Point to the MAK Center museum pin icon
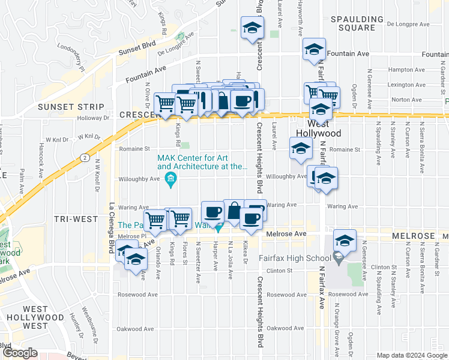(x=171, y=181)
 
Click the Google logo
(x=20, y=353)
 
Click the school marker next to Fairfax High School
(x=345, y=241)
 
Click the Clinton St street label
(x=279, y=271)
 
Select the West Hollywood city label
(x=321, y=128)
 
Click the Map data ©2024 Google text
(x=411, y=355)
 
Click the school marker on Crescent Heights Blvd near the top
(x=252, y=28)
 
